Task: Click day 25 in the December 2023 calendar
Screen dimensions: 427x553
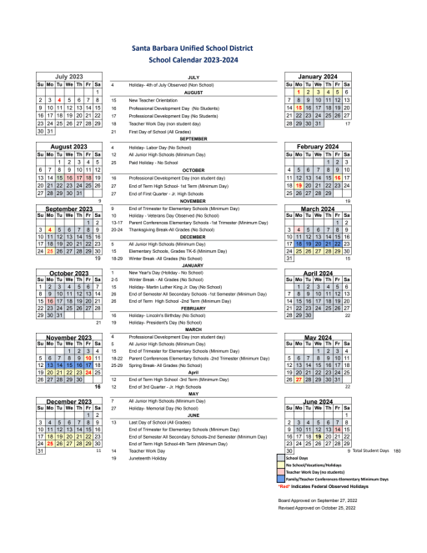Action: click(49, 443)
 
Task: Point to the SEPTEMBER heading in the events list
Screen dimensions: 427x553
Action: click(193, 138)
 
